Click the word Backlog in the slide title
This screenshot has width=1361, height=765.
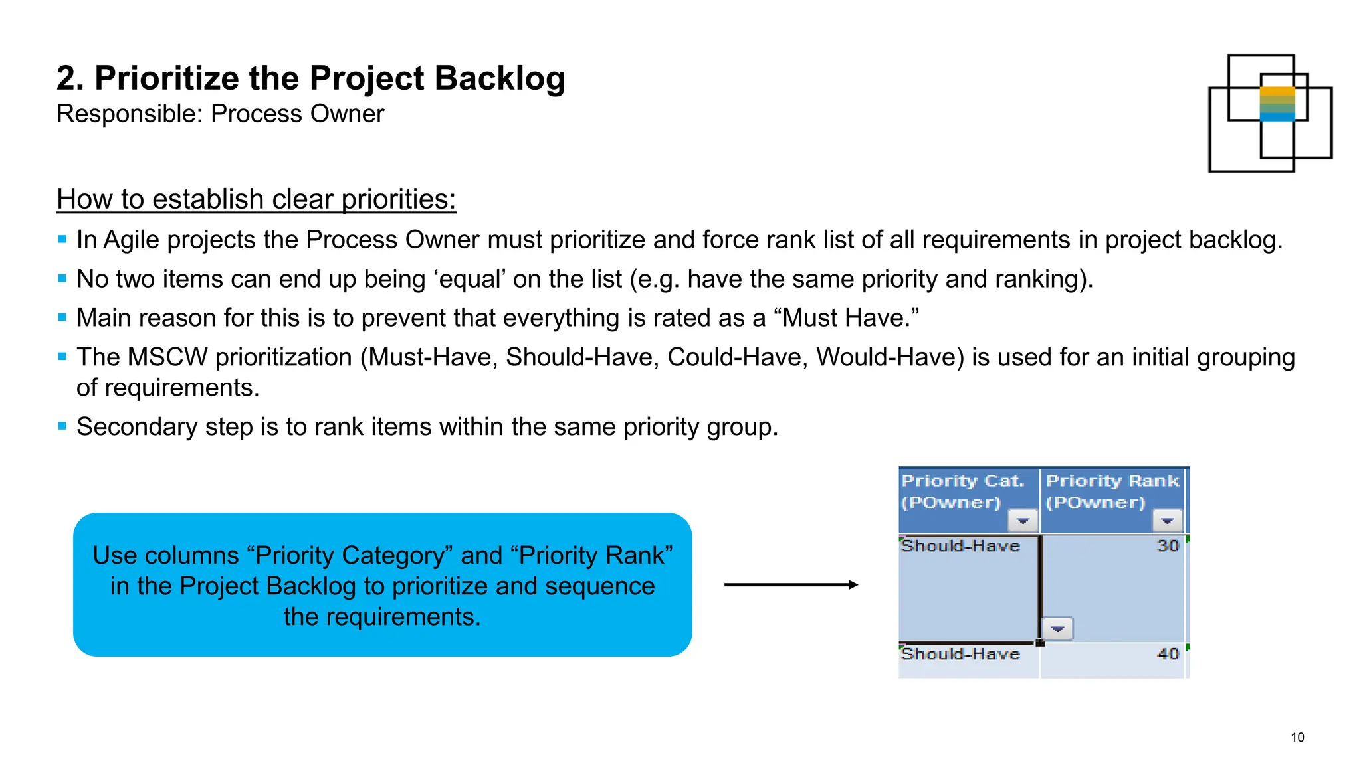click(500, 79)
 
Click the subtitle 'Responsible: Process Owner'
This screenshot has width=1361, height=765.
click(220, 114)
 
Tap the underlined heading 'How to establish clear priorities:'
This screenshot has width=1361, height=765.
click(256, 199)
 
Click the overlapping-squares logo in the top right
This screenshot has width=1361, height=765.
click(1269, 114)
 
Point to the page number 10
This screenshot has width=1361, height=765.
click(1297, 737)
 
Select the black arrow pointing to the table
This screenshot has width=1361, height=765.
click(791, 585)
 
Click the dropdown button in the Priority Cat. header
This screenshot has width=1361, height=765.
click(1023, 521)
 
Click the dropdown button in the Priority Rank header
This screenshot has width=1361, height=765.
click(1167, 521)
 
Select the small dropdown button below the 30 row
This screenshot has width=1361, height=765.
click(1057, 628)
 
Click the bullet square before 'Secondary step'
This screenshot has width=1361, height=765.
click(62, 426)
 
